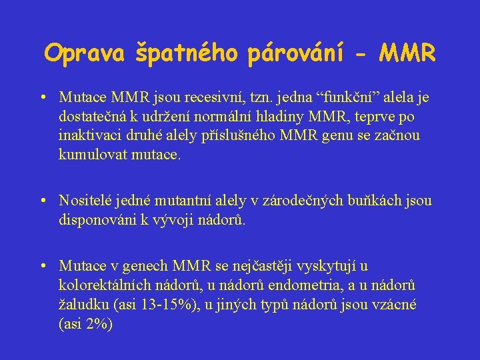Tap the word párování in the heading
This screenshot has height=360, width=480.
(x=296, y=53)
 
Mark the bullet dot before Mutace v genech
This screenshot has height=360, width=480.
(x=43, y=267)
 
